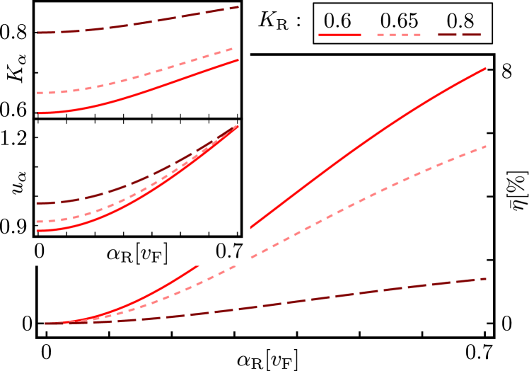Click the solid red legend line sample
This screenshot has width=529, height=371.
[x=339, y=34]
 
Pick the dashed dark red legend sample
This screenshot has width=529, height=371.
[x=460, y=34]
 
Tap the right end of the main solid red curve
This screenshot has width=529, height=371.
[x=485, y=69]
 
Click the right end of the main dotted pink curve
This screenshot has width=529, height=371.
[x=485, y=147]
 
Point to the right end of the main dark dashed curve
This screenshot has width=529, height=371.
[x=485, y=279]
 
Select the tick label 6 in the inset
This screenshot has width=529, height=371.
[x=24, y=110]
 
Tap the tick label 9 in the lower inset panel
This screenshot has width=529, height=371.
[x=24, y=227]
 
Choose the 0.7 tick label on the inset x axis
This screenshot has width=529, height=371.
[x=229, y=251]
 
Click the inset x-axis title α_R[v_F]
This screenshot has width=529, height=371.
[x=137, y=253]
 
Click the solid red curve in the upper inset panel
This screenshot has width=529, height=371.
[x=141, y=89]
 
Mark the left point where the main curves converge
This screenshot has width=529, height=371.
[x=47, y=324]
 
